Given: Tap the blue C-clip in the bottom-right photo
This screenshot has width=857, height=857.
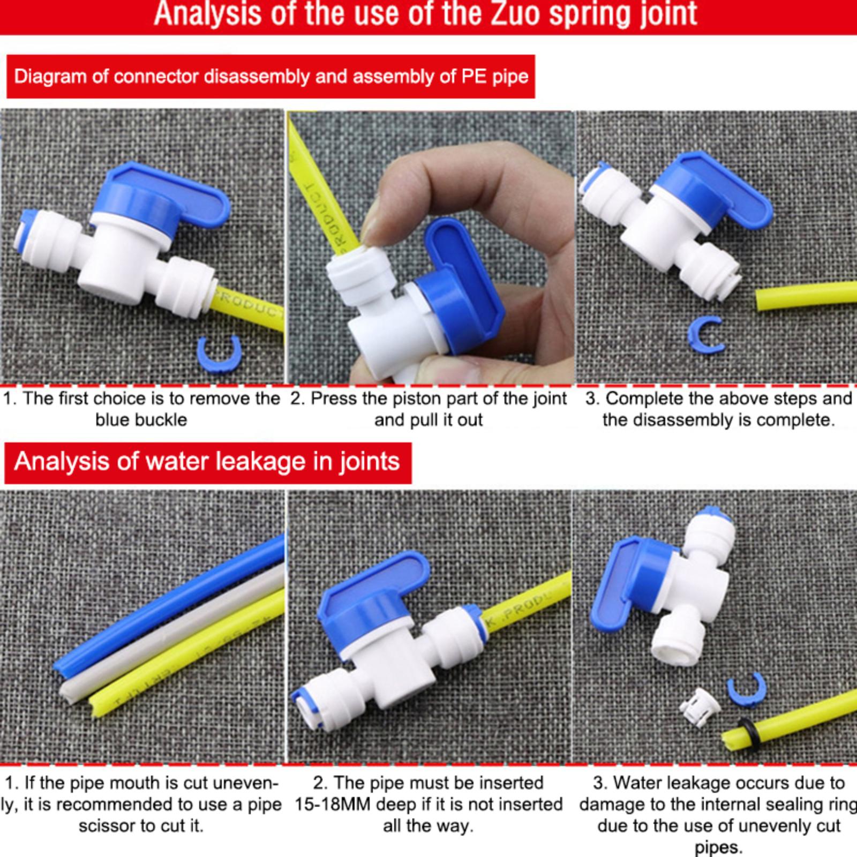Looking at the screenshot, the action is click(x=747, y=691).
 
